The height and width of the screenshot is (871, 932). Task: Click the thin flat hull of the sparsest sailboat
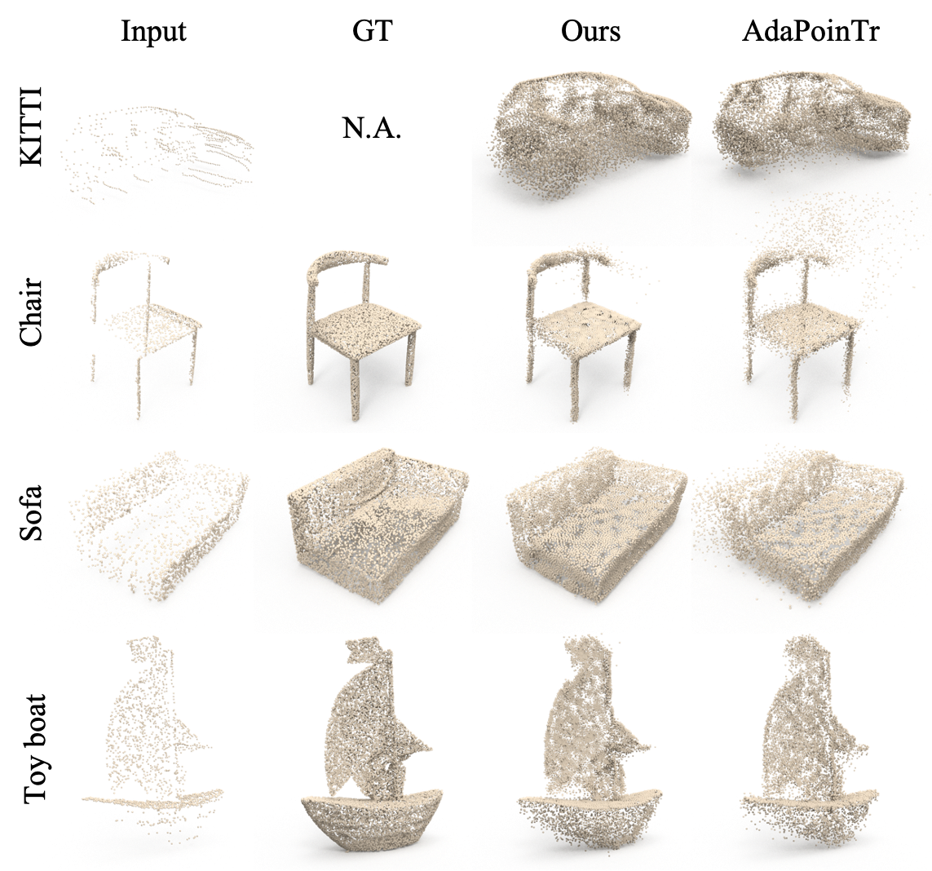pyautogui.click(x=155, y=798)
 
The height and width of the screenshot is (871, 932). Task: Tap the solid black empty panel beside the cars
pyautogui.click(x=372, y=122)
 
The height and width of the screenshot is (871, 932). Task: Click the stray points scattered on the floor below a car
pyautogui.click(x=815, y=220)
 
